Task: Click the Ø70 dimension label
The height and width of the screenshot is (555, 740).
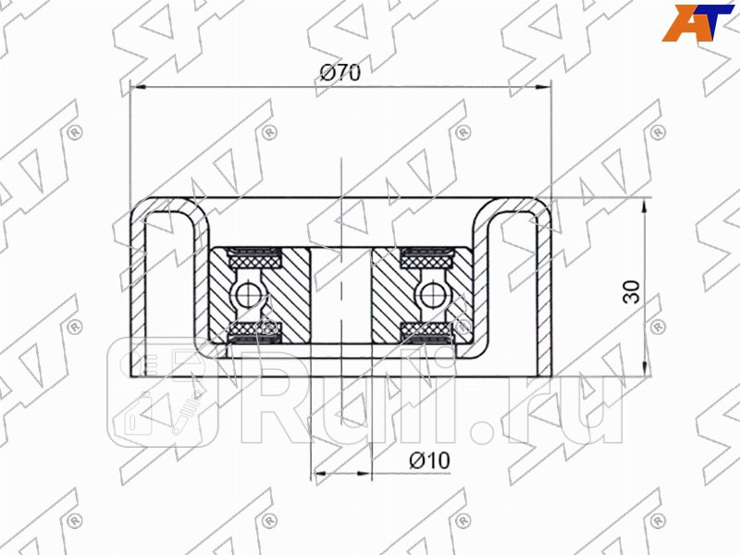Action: point(339,74)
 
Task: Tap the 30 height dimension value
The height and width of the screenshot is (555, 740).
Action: point(632,292)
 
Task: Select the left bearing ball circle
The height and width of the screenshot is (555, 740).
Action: point(247,294)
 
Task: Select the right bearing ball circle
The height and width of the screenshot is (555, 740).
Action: point(428,294)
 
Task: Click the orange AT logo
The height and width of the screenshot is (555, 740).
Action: point(698,21)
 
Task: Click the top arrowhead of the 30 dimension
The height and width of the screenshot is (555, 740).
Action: point(642,203)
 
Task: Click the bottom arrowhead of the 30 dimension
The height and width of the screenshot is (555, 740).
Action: point(642,374)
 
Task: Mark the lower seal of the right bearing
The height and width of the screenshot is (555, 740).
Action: point(428,331)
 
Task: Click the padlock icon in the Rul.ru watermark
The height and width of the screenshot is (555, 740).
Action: point(139,421)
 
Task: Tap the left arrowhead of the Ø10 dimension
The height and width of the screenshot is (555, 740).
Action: point(319,473)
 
